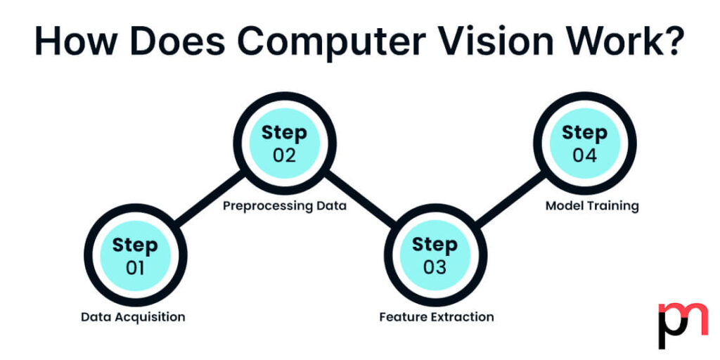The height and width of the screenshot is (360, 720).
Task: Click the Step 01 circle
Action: (x=135, y=256)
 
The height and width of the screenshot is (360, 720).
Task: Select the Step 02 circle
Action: (x=284, y=143)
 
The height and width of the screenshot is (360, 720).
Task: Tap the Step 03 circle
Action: (x=435, y=256)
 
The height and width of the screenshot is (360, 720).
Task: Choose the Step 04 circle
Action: (x=584, y=143)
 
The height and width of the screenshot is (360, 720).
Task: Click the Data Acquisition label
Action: (x=133, y=317)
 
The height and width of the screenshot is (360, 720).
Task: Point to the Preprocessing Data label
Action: (x=285, y=207)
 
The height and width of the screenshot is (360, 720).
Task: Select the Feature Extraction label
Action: (x=437, y=317)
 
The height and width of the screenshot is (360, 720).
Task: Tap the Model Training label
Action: (x=592, y=206)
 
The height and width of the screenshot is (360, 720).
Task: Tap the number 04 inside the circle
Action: (x=584, y=155)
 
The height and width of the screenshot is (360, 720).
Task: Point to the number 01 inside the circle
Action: (x=135, y=268)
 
